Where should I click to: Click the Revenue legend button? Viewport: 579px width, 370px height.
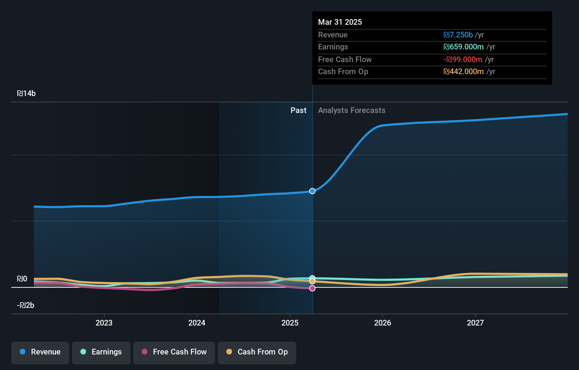click(40, 352)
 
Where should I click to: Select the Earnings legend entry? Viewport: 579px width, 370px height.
click(101, 352)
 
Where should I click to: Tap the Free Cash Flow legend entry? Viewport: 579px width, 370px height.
click(174, 352)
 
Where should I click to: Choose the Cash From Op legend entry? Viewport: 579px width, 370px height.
click(257, 352)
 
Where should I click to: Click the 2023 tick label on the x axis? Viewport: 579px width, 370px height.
click(104, 323)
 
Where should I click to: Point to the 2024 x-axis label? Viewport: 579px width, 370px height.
click(197, 323)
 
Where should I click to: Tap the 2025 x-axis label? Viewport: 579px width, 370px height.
click(290, 323)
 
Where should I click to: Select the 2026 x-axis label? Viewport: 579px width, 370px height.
click(383, 323)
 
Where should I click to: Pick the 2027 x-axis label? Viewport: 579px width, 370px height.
click(475, 323)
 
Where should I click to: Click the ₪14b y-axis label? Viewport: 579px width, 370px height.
click(26, 94)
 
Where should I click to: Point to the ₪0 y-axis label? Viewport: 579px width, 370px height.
click(22, 279)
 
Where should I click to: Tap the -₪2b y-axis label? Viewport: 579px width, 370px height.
click(26, 305)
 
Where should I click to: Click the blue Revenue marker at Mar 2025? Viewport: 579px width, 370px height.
click(312, 191)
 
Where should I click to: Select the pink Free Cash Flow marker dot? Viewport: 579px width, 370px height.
click(312, 288)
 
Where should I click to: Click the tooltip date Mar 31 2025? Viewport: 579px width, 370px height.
click(340, 22)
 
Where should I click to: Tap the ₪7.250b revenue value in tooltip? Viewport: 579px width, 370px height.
click(458, 35)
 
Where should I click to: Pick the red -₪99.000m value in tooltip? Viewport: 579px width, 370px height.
click(463, 60)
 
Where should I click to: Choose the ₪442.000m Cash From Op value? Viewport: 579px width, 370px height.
click(463, 72)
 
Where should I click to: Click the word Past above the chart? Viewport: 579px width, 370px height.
click(298, 111)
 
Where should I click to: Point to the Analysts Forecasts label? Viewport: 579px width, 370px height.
click(352, 111)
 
